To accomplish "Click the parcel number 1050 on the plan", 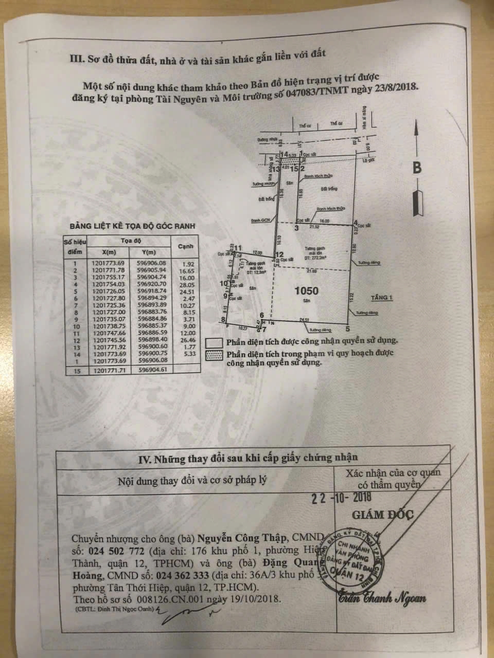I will pyautogui.click(x=306, y=290).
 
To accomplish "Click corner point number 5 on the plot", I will pyautogui.click(x=348, y=329).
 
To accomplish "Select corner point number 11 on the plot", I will pyautogui.click(x=238, y=248).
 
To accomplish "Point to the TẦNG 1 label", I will pyautogui.click(x=381, y=297).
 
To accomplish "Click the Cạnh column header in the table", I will pyautogui.click(x=185, y=246).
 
